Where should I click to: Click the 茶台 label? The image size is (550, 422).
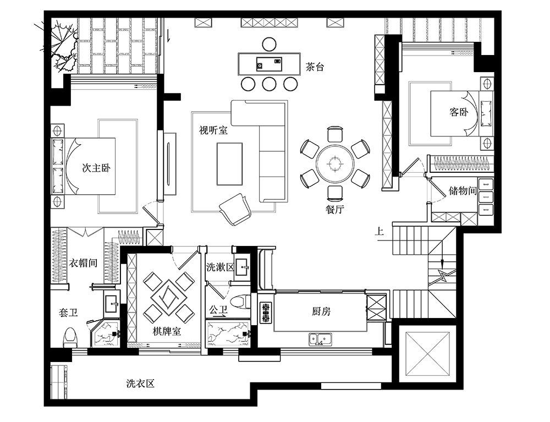(x=315, y=67)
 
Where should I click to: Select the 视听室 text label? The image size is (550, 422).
(x=213, y=130)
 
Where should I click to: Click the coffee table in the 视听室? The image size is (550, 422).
(x=229, y=163)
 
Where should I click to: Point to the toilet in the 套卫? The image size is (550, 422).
(x=70, y=337)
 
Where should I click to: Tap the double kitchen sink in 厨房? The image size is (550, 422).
(x=320, y=339)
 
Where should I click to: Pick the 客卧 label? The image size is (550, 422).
(x=459, y=112)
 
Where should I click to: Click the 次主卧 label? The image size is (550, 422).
(x=96, y=168)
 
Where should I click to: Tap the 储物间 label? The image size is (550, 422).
(x=463, y=190)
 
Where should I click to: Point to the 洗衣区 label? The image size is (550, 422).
(x=140, y=383)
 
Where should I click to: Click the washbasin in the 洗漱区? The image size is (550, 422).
(x=242, y=267)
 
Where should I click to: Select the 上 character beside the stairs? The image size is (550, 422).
(x=379, y=231)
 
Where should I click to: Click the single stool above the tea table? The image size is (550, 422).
(x=269, y=44)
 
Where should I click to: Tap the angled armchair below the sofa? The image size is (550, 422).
(x=235, y=210)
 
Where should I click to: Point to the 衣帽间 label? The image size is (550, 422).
(x=83, y=263)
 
